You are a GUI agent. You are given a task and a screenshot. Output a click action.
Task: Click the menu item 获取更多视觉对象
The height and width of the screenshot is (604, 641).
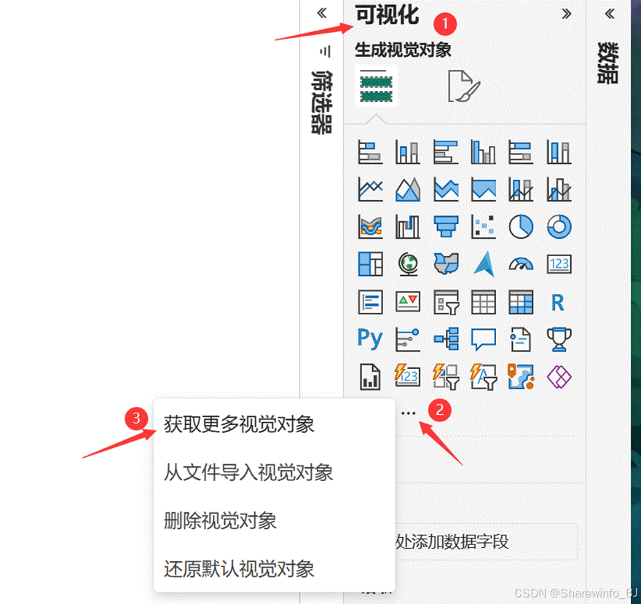tap(239, 424)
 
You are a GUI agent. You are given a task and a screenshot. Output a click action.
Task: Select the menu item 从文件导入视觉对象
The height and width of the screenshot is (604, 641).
tap(248, 472)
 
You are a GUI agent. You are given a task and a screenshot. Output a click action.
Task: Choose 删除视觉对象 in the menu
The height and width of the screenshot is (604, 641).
tap(220, 521)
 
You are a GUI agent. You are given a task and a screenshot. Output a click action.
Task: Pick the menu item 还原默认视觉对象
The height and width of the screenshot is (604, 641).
tap(239, 568)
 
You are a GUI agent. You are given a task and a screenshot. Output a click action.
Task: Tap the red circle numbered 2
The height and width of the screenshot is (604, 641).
tap(439, 410)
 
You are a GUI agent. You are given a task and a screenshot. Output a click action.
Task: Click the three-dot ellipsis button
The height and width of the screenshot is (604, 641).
tap(409, 413)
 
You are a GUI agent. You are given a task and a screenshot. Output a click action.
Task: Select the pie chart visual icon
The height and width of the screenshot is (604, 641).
tap(521, 226)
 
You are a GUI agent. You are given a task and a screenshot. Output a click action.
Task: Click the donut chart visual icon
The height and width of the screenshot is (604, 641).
tap(559, 226)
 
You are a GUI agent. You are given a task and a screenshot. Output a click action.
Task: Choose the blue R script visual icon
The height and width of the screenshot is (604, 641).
tap(559, 302)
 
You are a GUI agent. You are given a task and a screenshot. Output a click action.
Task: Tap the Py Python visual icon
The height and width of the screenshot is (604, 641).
tap(370, 339)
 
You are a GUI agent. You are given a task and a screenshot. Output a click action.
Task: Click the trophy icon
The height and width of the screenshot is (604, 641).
tap(559, 339)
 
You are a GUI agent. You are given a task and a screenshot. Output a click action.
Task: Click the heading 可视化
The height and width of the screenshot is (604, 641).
tap(387, 15)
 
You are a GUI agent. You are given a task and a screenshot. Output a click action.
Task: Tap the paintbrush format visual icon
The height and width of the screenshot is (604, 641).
tap(464, 87)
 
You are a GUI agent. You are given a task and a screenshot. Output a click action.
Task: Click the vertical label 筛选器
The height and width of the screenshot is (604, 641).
tap(321, 101)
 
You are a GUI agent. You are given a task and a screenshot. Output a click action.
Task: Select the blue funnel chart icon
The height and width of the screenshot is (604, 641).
tap(446, 226)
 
